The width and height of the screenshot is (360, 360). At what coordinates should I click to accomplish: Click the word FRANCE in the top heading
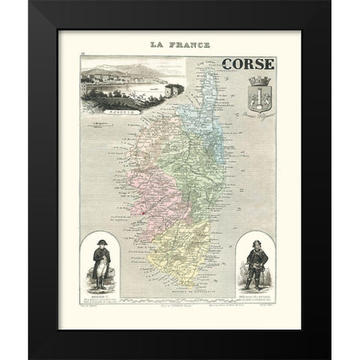(189, 45)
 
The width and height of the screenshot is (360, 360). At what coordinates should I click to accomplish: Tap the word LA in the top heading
(159, 45)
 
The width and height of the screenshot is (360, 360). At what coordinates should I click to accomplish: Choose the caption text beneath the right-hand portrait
(253, 298)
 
